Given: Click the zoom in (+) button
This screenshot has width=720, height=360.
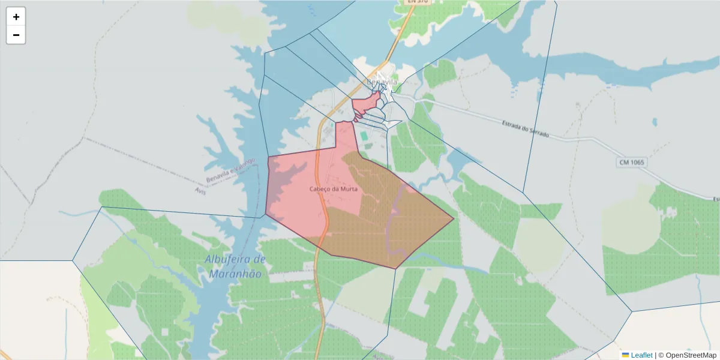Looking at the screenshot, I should pos(16,17).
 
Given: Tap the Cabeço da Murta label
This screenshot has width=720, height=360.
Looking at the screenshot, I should pos(334,189).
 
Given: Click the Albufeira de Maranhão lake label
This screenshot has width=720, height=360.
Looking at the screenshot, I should pos(235,266).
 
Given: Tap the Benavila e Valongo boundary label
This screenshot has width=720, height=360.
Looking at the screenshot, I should pos(230,170).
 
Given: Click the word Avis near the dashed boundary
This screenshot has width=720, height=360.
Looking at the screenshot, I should pos(200,190).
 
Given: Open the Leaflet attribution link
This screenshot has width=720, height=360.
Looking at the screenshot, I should pos(641,355).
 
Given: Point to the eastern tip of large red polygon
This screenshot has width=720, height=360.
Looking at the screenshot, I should pos(453,219).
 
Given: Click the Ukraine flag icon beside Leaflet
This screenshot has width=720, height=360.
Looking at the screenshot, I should pos(625,355).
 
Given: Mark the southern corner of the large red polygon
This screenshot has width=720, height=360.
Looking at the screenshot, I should pos(395,268).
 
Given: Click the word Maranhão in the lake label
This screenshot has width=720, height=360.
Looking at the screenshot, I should pos(236,274).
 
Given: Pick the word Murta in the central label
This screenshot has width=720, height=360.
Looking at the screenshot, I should pos(349,189).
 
